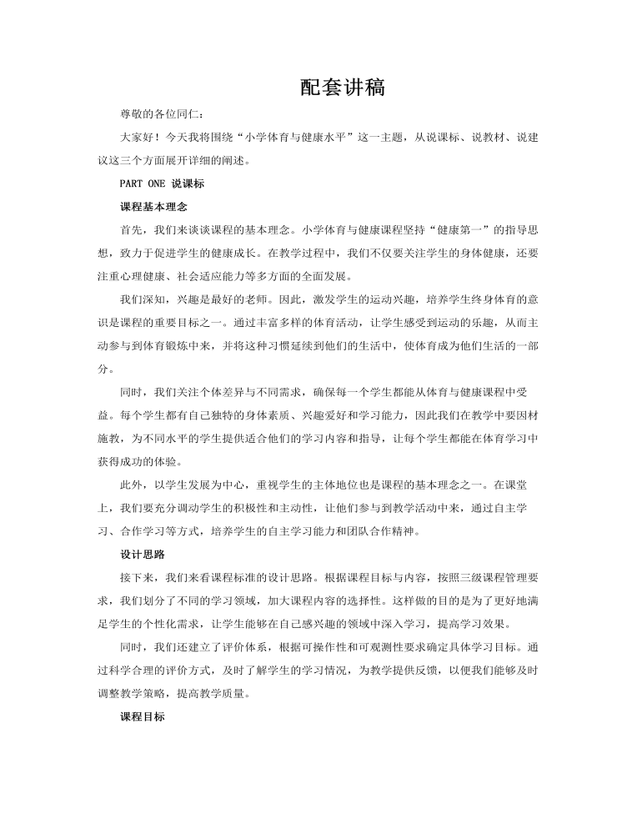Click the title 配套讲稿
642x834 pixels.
tap(320, 88)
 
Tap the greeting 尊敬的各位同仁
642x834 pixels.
tap(155, 113)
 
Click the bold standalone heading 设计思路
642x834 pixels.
tap(137, 551)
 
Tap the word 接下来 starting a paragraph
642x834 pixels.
tap(137, 575)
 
